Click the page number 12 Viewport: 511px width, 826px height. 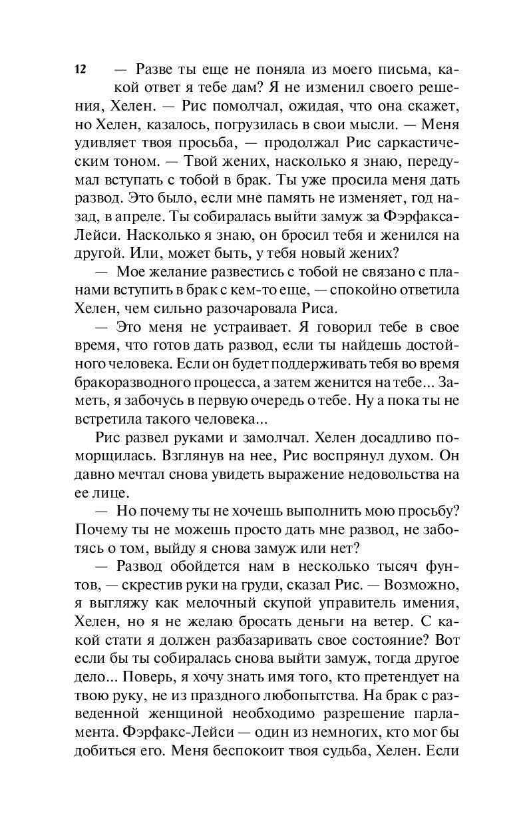tap(81, 69)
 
